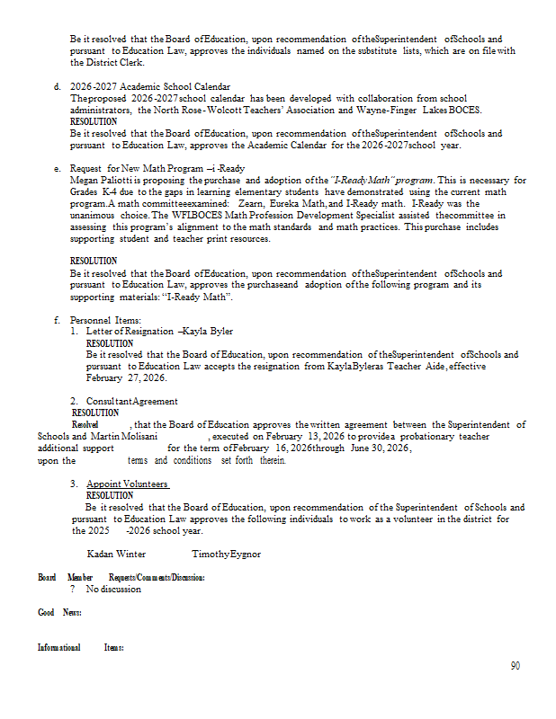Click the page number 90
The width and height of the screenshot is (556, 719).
pos(515,666)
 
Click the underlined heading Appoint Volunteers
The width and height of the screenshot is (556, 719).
pos(128,484)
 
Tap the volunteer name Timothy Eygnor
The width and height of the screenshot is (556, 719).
pos(226,554)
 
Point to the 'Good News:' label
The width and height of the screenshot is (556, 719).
pos(59,612)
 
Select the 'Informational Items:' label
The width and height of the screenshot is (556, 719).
pos(80,647)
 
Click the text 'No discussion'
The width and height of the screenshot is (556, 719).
pos(113,590)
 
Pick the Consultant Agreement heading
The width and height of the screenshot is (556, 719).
pos(131,401)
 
